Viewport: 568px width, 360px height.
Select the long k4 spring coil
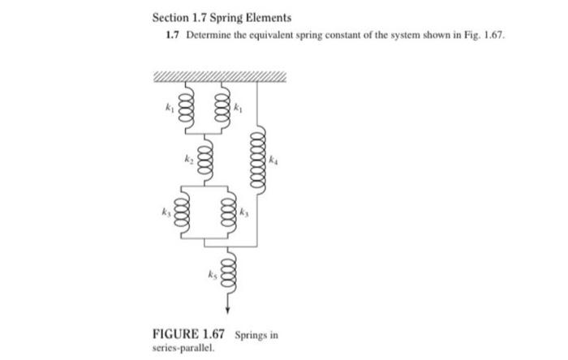point(258,159)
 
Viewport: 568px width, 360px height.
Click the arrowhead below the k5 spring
point(228,309)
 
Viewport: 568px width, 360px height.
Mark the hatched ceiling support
point(219,77)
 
